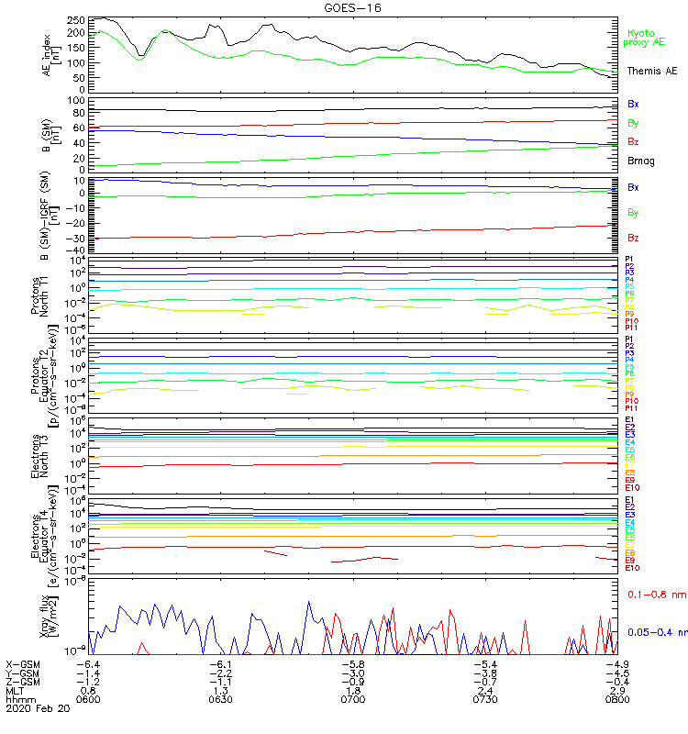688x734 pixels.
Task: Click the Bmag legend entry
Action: click(x=640, y=161)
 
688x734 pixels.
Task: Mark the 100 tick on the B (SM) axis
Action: click(x=76, y=100)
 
